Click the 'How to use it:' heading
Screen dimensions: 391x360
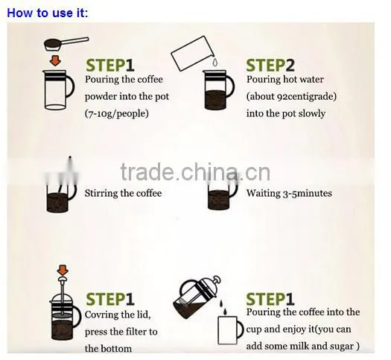(48, 13)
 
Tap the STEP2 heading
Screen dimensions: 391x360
(270, 66)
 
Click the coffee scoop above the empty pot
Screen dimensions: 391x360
(66, 44)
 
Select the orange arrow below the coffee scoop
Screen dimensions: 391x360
(55, 60)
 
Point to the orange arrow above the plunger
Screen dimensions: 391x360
(63, 270)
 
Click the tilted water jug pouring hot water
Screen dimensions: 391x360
(192, 53)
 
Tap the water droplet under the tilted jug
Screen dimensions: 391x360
(215, 62)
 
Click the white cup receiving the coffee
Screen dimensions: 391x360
(230, 330)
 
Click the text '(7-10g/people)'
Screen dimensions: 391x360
(117, 113)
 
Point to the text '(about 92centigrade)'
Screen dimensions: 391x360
(291, 97)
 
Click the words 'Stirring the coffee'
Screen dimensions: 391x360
(123, 193)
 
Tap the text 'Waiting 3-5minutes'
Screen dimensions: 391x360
(289, 193)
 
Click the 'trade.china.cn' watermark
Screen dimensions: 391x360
(195, 172)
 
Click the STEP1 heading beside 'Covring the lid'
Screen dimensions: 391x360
(110, 299)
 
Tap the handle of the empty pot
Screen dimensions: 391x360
(70, 86)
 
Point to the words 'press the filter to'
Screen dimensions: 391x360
(121, 332)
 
